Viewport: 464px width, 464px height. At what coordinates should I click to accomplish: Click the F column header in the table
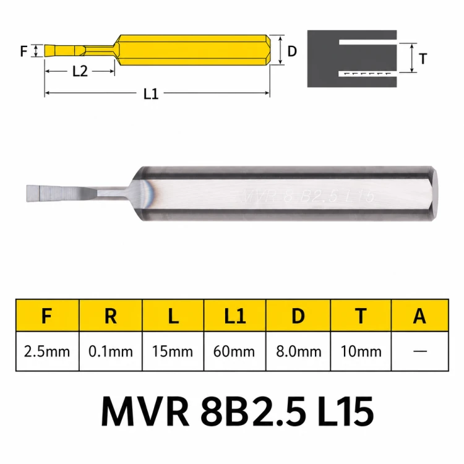pos(48,316)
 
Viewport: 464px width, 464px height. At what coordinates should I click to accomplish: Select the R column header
pos(111,316)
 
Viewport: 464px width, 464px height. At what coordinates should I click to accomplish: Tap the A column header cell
pos(419,316)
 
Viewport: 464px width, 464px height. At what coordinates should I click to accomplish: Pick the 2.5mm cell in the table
pos(48,351)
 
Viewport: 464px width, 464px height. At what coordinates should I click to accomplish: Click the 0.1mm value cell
pos(111,351)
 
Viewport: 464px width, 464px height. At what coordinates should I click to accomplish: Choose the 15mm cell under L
pos(173,351)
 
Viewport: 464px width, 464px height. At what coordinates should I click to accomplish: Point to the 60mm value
pos(234,351)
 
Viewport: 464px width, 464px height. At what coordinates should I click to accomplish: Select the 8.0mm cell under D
pos(298,351)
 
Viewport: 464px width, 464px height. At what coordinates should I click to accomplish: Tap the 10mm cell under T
pos(361,351)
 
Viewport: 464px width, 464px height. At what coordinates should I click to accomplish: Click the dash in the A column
pos(420,351)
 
